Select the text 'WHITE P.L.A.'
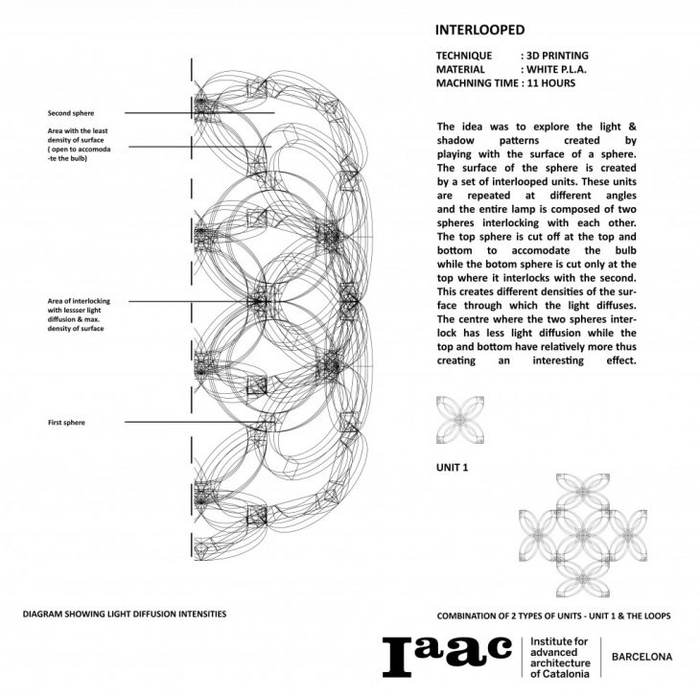[557, 70]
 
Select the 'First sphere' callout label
[66, 422]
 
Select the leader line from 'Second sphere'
[192, 114]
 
